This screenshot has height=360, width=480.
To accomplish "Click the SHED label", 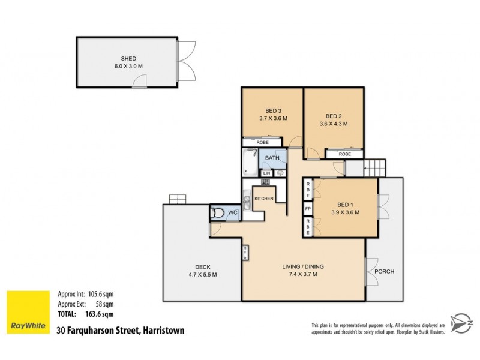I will (x=128, y=58).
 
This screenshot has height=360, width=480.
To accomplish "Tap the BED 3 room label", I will (x=274, y=110).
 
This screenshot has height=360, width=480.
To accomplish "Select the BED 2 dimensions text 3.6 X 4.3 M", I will (x=333, y=124).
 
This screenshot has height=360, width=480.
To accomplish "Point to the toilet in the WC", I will (x=218, y=212).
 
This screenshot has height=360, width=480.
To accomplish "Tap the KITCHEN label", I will (x=264, y=199).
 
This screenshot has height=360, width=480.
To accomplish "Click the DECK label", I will (x=202, y=267).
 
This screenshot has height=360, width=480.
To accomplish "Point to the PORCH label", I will (x=384, y=271).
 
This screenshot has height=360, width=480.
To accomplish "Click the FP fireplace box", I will (x=308, y=209).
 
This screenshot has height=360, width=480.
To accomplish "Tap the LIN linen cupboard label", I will (x=266, y=173).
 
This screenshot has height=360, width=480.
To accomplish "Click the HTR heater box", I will (x=245, y=253).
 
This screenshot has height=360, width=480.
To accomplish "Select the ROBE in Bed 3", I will (x=262, y=143).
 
